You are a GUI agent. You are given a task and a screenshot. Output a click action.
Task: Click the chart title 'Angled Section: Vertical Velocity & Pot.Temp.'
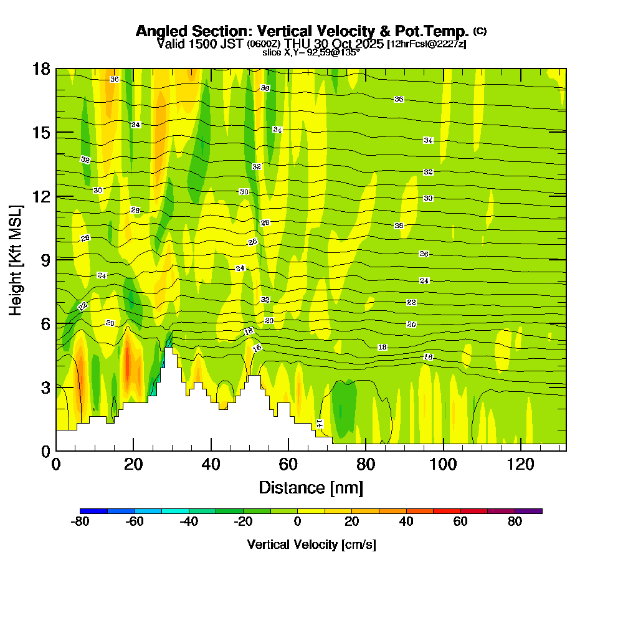click(x=302, y=31)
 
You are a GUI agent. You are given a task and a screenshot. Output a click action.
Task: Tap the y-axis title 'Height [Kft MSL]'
click(x=16, y=259)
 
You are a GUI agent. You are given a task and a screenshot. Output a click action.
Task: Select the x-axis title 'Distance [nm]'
click(x=311, y=487)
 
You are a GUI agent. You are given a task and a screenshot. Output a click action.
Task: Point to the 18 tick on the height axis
click(x=42, y=69)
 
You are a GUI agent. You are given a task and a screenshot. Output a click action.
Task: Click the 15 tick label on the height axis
click(x=42, y=133)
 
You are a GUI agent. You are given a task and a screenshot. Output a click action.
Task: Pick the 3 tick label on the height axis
click(x=45, y=388)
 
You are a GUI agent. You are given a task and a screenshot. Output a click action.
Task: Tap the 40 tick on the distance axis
click(x=212, y=464)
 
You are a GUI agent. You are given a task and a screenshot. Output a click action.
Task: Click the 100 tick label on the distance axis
click(x=444, y=464)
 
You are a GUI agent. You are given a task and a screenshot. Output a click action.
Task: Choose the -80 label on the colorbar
click(x=80, y=522)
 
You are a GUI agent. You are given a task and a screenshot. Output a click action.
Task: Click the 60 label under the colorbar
click(x=460, y=522)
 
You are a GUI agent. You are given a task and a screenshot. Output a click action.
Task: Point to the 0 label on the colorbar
click(x=298, y=522)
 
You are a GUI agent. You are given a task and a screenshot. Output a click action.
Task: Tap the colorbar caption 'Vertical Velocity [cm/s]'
click(x=311, y=545)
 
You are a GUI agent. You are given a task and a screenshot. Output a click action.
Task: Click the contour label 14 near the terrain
click(x=320, y=424)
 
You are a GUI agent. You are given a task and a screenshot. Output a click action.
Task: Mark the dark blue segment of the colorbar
click(x=94, y=511)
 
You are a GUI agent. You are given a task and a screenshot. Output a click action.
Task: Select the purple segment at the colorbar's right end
click(x=528, y=511)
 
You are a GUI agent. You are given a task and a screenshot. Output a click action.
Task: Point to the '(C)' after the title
click(x=480, y=31)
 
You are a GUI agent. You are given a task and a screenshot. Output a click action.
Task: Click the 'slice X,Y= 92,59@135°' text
click(x=311, y=53)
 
